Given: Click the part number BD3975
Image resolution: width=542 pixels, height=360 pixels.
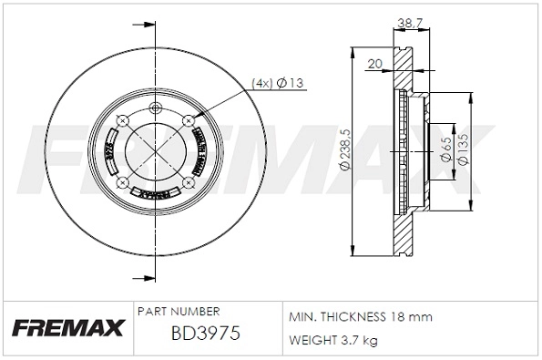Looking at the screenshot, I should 205,334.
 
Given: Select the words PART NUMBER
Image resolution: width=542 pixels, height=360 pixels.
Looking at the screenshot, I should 178,312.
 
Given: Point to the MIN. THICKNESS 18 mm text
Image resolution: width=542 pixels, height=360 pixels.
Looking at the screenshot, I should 360,316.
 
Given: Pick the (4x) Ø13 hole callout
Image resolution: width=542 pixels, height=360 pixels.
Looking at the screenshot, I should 278,83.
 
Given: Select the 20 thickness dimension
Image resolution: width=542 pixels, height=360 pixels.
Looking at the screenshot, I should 373,64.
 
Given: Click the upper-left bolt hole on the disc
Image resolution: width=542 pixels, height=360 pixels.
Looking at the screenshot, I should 124,118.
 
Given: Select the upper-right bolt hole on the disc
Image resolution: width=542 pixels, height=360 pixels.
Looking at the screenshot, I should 189,118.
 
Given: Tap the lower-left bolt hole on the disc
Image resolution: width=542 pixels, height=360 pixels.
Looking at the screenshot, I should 124,183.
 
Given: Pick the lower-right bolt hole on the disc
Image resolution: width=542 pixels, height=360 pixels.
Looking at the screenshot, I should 189,183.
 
